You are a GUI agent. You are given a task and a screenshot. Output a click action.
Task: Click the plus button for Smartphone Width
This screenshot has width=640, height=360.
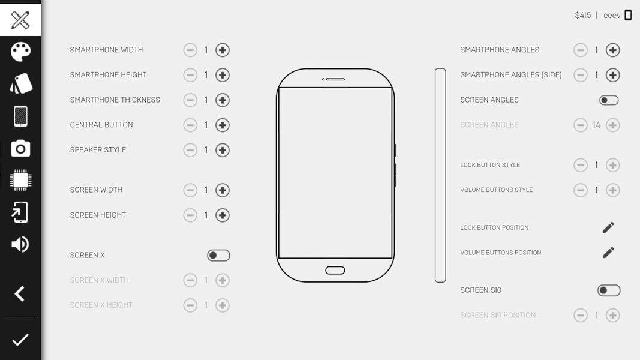tap(223, 50)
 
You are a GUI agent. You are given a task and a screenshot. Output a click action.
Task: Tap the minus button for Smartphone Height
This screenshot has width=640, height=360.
tap(190, 75)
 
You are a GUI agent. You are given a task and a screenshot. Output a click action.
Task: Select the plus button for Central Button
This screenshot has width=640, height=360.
tap(223, 125)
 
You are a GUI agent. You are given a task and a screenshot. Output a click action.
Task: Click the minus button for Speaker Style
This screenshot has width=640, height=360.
tap(190, 150)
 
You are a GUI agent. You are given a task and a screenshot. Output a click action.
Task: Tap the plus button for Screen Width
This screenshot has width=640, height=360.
tap(223, 190)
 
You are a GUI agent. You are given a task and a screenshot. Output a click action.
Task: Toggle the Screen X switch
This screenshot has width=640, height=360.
tap(218, 256)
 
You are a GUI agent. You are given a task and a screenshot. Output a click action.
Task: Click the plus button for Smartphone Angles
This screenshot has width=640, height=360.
tap(612, 50)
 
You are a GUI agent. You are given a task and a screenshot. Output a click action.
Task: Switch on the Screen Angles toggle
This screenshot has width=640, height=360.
tap(609, 100)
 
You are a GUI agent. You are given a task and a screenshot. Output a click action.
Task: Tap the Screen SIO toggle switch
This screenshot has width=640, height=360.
tap(609, 290)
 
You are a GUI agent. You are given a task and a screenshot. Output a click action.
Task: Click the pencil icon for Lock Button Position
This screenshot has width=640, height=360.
tap(608, 227)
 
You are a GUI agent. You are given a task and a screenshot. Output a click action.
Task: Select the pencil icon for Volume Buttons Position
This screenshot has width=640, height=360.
tap(608, 253)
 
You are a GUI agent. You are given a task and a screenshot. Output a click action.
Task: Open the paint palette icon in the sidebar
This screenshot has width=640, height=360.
tap(20, 52)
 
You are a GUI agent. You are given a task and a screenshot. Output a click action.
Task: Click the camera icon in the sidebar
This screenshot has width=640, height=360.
tap(20, 149)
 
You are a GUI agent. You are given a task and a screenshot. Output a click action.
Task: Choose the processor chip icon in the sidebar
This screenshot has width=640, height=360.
tap(20, 180)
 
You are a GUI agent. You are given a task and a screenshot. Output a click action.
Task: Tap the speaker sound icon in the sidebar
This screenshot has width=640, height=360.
tap(20, 244)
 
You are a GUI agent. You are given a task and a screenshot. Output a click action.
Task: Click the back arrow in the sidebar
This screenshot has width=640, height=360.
tap(20, 293)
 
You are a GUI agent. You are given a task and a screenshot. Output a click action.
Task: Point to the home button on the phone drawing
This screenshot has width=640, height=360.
tap(335, 270)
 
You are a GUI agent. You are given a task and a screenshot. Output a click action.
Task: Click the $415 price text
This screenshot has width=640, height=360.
tap(583, 15)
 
